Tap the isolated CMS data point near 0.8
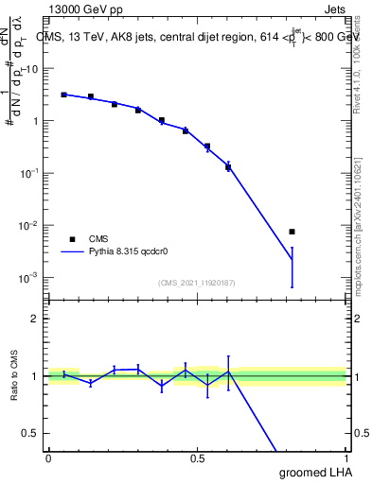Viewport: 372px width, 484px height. (292, 232)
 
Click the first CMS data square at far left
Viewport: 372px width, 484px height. (63, 95)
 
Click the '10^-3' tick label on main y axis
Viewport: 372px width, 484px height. (29, 278)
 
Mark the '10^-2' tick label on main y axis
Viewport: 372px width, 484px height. (29, 226)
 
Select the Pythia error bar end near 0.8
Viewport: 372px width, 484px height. (292, 286)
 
